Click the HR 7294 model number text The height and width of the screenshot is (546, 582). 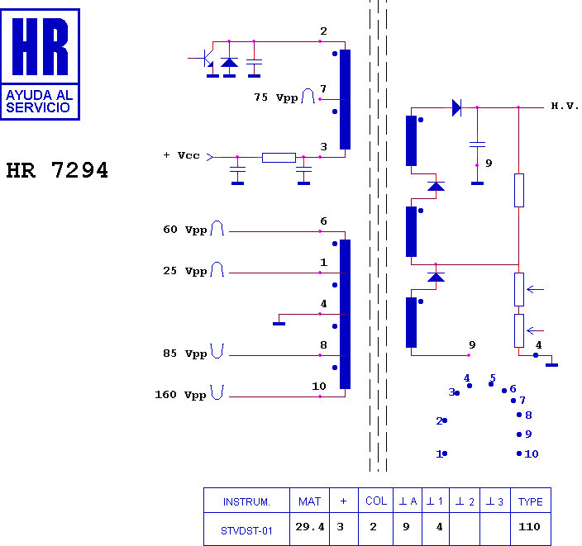[x=57, y=170]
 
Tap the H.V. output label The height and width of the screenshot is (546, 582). [x=565, y=106]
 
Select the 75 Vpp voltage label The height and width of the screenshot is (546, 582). [x=276, y=97]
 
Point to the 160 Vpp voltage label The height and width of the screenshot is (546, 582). [x=180, y=395]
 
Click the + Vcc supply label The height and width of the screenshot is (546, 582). [x=182, y=155]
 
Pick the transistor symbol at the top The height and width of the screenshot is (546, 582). [x=203, y=59]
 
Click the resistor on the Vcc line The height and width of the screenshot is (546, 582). [x=279, y=158]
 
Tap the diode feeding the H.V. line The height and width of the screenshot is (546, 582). [x=456, y=107]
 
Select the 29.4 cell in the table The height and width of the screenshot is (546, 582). [x=310, y=527]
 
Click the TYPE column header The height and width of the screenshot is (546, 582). [x=531, y=502]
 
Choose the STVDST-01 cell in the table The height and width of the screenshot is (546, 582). [x=246, y=531]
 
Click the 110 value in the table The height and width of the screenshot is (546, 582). [x=529, y=527]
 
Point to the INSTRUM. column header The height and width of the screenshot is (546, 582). [x=246, y=502]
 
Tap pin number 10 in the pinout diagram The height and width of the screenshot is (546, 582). [x=531, y=453]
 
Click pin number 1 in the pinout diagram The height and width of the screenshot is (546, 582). [x=439, y=453]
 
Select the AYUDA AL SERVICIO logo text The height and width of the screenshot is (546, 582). [x=39, y=102]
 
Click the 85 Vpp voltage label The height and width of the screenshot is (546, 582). [x=185, y=354]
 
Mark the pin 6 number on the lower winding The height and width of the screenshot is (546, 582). [x=324, y=221]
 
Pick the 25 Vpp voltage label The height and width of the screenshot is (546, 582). [x=185, y=271]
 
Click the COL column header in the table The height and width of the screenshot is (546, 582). [x=376, y=501]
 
